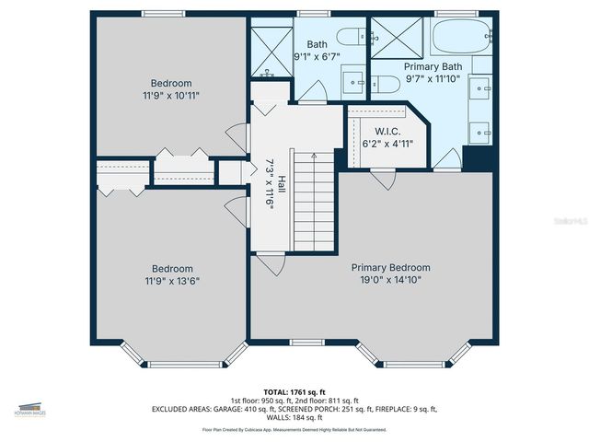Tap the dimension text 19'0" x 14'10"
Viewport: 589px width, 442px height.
pyautogui.click(x=390, y=280)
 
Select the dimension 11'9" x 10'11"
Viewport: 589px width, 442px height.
pyautogui.click(x=171, y=95)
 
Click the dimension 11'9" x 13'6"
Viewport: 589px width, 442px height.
pyautogui.click(x=171, y=281)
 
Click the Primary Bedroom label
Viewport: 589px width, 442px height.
pyautogui.click(x=390, y=268)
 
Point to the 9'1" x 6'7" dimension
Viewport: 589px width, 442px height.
pyautogui.click(x=318, y=55)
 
